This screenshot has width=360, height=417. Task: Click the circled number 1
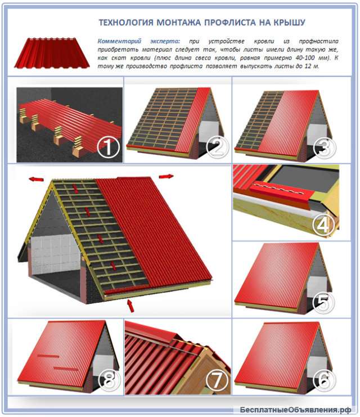click(107, 147)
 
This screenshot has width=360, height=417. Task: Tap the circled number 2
click(217, 147)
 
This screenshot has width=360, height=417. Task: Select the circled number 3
click(325, 147)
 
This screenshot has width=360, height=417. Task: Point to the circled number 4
click(323, 225)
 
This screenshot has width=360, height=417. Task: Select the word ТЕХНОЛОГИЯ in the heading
click(126, 23)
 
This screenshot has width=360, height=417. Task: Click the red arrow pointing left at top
click(36, 179)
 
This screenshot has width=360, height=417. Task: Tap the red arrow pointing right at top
click(166, 176)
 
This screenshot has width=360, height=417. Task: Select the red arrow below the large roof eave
click(130, 306)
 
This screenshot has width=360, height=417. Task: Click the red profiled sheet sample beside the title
click(52, 53)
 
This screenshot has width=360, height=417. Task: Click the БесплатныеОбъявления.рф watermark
click(295, 410)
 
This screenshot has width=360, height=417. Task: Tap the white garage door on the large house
click(55, 255)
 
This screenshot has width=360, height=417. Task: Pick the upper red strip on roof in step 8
click(48, 356)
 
